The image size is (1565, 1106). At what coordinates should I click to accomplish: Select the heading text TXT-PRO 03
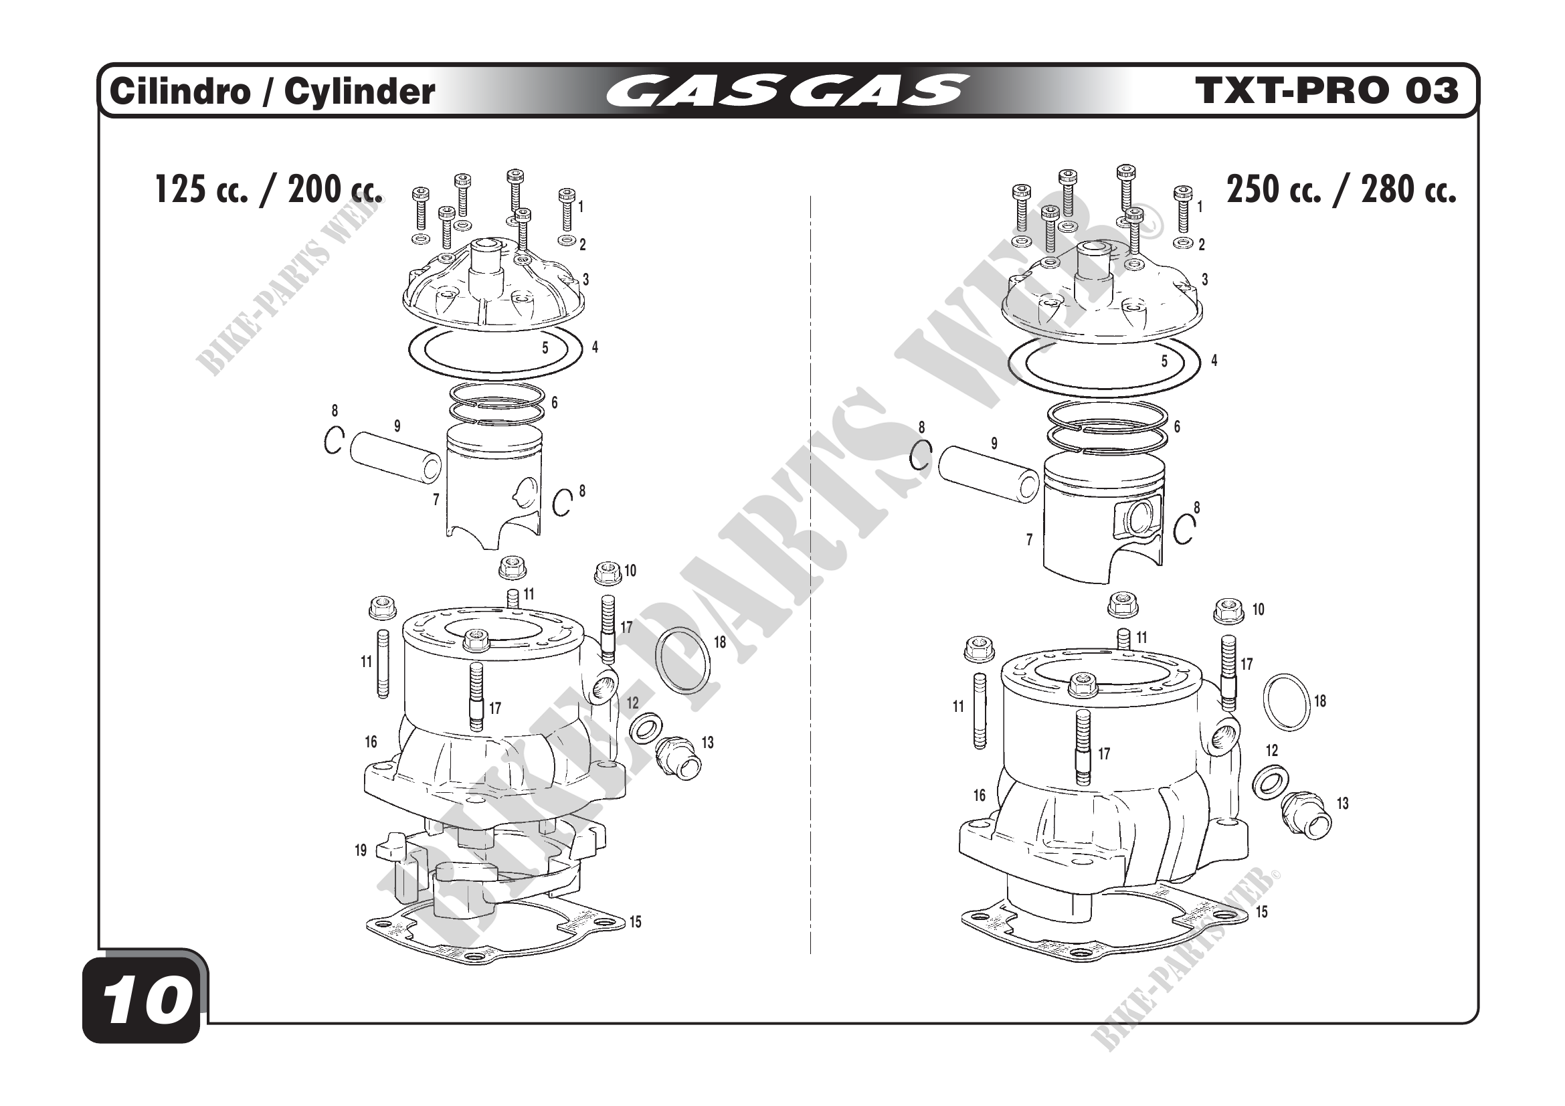tap(1327, 90)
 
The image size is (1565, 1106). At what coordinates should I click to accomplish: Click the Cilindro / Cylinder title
tap(272, 91)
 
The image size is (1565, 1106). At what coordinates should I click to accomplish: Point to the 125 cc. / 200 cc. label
tap(268, 189)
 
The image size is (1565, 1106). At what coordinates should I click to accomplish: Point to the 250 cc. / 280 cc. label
tap(1342, 189)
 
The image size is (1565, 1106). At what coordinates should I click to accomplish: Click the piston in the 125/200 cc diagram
tap(494, 486)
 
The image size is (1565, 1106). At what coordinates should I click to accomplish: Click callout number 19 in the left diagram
tap(361, 850)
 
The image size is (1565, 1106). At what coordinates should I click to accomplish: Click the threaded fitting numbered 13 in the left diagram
tap(678, 757)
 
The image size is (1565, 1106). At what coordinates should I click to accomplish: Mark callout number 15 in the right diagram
tap(1262, 912)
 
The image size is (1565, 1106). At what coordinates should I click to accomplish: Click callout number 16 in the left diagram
tap(371, 741)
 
